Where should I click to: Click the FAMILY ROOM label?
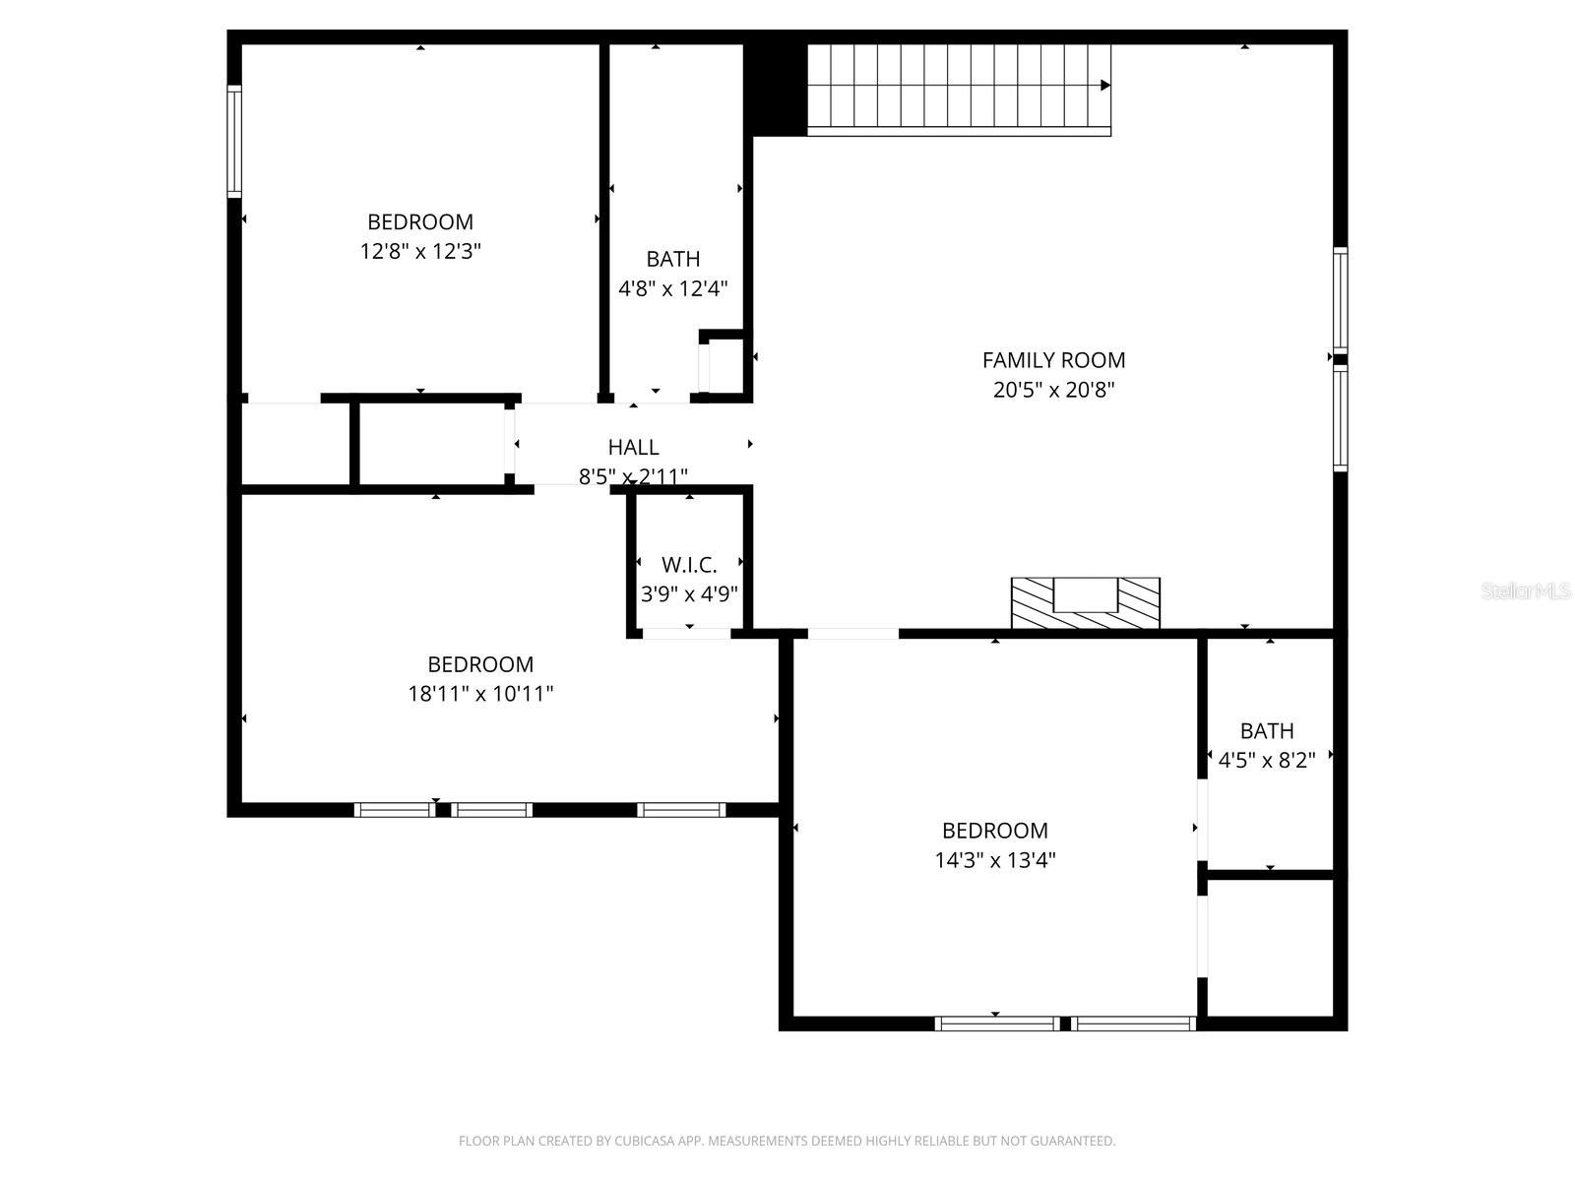click(x=1053, y=360)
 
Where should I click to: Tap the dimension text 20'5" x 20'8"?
click(x=1053, y=390)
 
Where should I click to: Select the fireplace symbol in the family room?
click(x=1086, y=602)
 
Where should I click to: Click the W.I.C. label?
click(x=689, y=565)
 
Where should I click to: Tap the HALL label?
click(x=633, y=448)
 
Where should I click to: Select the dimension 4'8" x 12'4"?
click(x=673, y=288)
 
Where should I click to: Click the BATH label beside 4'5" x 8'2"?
click(x=1267, y=731)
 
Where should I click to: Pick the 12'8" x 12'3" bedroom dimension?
click(x=420, y=251)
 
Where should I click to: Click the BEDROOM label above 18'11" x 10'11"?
click(x=480, y=664)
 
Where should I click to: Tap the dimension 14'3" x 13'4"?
click(x=995, y=860)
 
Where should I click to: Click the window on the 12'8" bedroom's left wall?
click(x=234, y=142)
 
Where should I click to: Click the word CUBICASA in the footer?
click(x=644, y=1142)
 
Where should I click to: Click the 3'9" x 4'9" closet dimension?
click(x=689, y=594)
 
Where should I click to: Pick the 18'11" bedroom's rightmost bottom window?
click(x=681, y=810)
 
